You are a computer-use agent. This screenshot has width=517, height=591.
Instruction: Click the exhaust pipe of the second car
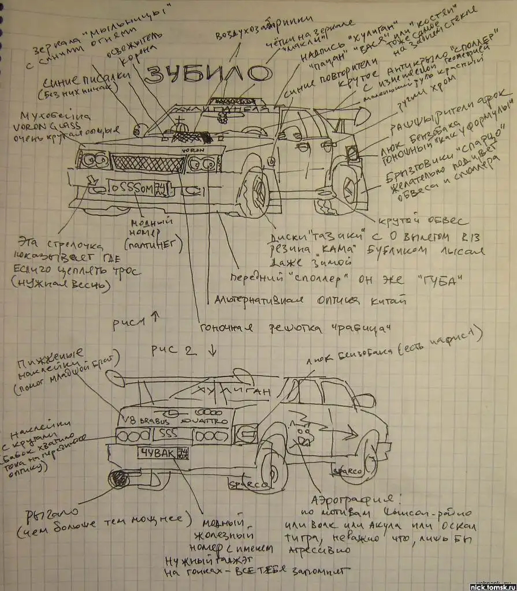121,478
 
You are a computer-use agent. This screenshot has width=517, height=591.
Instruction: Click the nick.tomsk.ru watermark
492,586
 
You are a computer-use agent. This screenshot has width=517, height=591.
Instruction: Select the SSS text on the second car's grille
168,433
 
